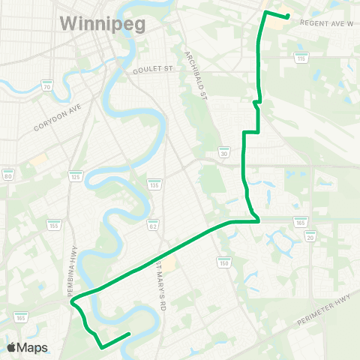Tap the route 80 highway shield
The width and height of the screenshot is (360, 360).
[x=8, y=174]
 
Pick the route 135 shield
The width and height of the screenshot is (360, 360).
[x=153, y=184]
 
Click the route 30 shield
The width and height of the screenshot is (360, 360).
[x=224, y=151]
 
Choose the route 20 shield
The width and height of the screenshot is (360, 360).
[x=310, y=235]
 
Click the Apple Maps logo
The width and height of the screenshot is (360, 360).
[x=27, y=347]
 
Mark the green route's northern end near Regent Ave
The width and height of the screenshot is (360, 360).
[x=287, y=16]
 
